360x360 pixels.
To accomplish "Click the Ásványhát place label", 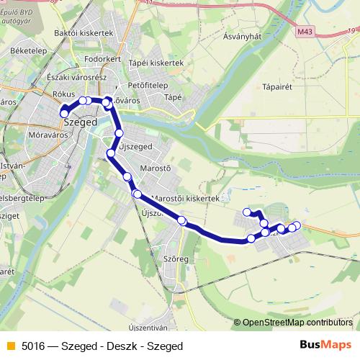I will pyautogui.click(x=243, y=36).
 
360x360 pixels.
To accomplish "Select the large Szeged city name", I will pyautogui.click(x=81, y=123).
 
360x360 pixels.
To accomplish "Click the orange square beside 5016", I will pyautogui.click(x=10, y=345).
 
